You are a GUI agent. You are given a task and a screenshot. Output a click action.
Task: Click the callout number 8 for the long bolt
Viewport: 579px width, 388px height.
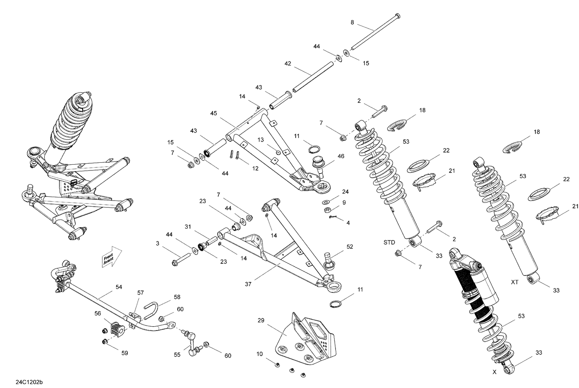coord(352,23)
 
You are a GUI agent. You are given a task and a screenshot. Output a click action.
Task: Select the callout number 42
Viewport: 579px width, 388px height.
coord(288,64)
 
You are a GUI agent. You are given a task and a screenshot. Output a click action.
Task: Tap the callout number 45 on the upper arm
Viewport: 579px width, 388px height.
coord(214,113)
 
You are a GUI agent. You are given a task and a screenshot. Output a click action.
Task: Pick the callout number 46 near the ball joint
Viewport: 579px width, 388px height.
coord(340,156)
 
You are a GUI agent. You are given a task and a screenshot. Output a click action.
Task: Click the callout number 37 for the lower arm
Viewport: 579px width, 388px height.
coord(248,284)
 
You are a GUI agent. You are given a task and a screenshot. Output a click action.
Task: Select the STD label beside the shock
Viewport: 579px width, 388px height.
coord(389,243)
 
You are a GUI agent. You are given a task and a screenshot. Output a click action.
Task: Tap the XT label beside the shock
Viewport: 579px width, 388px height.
coord(515,282)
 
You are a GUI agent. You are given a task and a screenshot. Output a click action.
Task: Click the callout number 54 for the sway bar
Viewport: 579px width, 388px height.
coord(119,287)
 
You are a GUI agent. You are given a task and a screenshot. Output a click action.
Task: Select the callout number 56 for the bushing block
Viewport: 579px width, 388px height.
coord(97,314)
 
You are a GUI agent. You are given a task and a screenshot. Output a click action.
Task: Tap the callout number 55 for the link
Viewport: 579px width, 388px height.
coord(177,355)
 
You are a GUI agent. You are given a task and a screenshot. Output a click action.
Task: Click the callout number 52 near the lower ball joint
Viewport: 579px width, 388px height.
coord(350,247)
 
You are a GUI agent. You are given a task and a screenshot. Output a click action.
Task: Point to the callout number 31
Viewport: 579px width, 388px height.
coord(188,227)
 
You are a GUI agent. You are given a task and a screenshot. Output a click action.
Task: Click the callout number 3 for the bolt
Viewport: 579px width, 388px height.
coord(157,243)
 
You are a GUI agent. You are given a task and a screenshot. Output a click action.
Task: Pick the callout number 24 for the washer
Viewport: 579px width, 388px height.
coord(345,192)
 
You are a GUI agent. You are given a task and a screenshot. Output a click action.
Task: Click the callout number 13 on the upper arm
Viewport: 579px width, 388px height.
coord(261,140)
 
